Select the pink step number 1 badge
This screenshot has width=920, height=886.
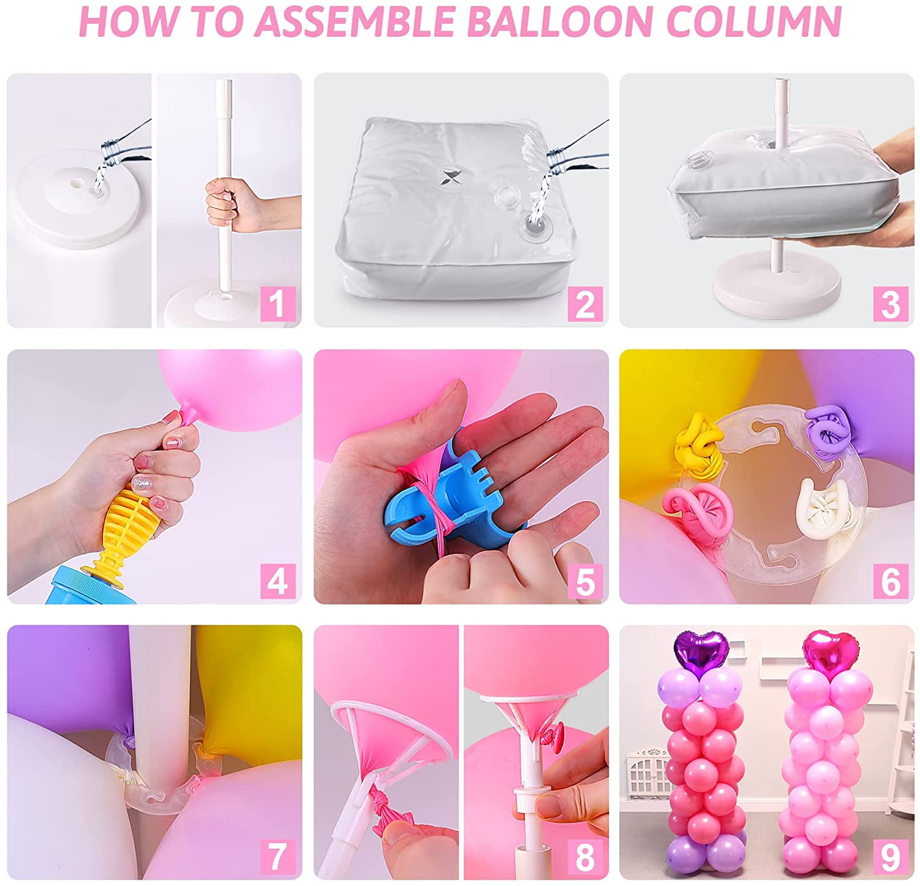click(278, 303)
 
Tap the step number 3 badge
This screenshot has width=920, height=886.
click(891, 303)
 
